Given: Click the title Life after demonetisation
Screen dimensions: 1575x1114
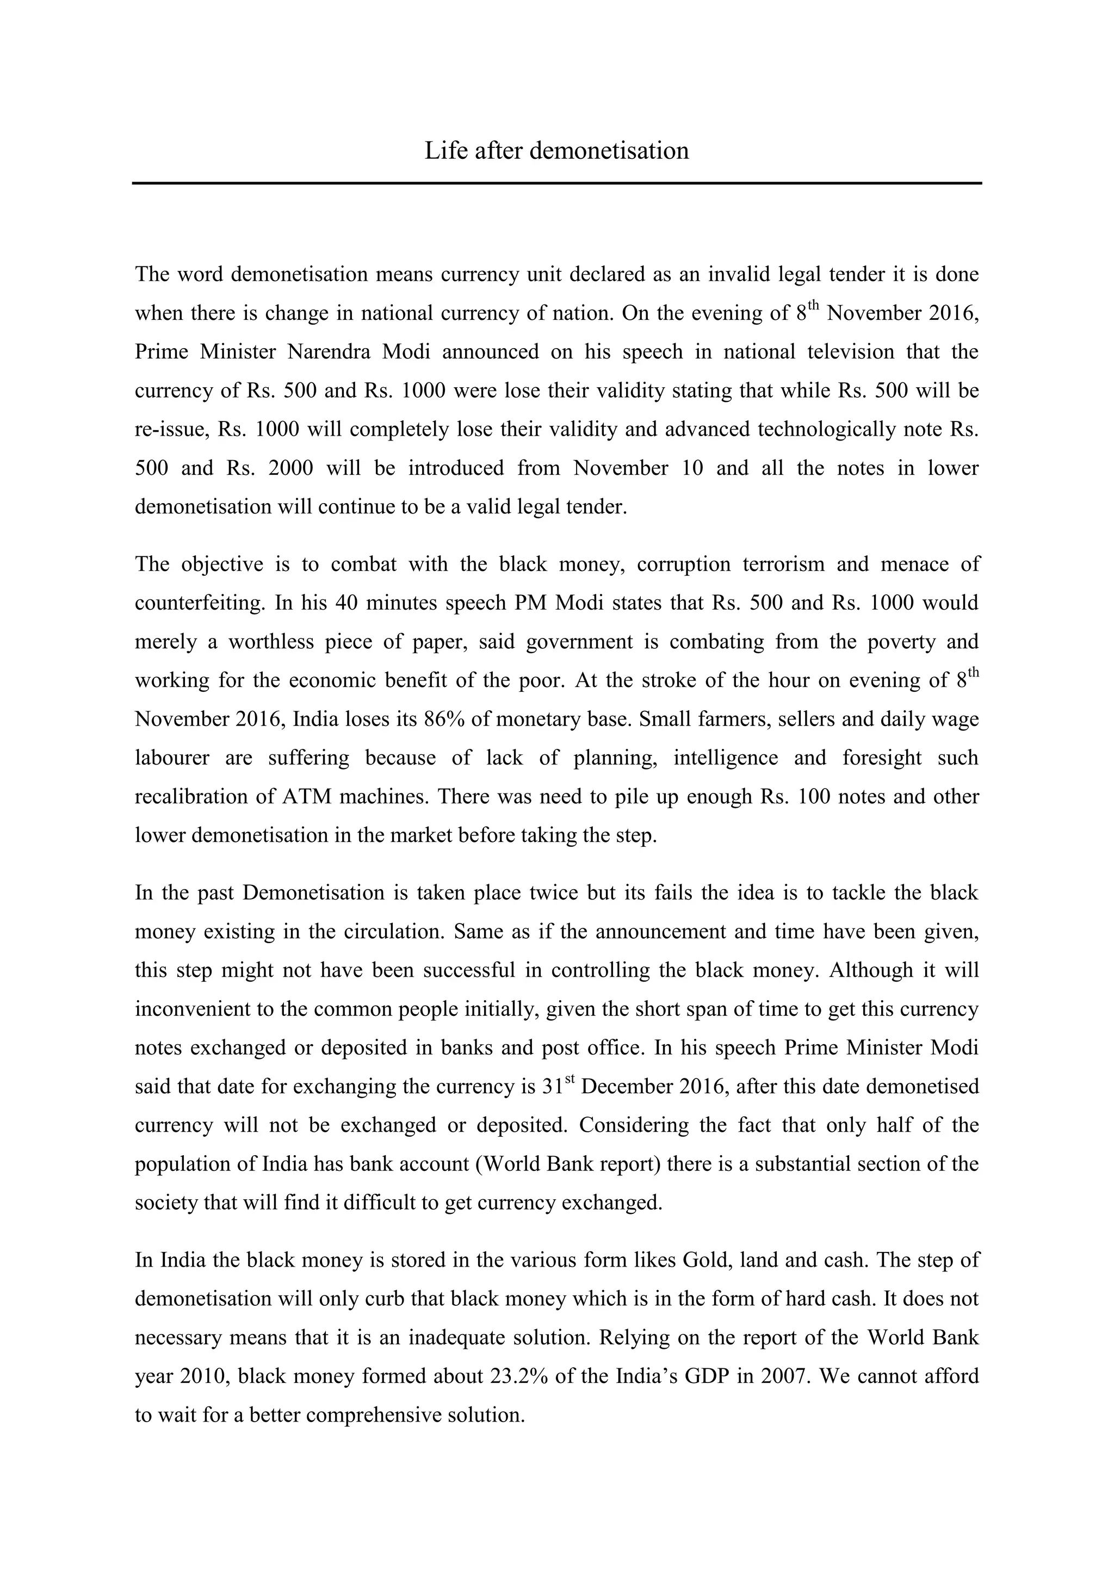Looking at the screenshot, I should point(556,151).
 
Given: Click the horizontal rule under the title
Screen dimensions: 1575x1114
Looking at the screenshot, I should point(556,183).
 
